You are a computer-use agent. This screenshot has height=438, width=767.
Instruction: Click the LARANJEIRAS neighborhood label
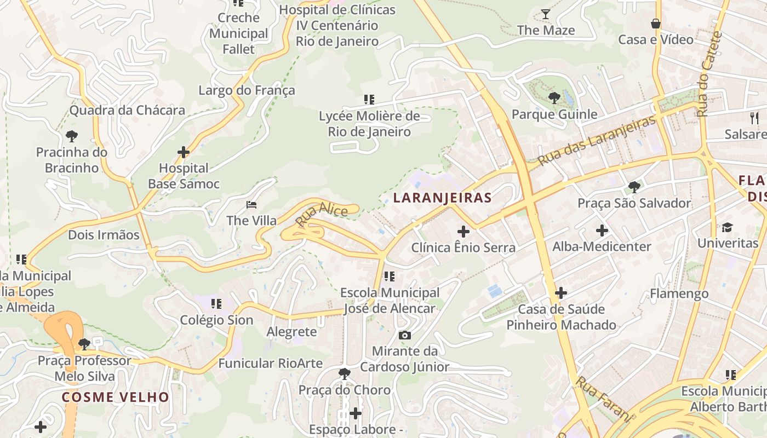coord(442,198)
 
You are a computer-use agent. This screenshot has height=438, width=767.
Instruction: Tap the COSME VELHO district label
coord(116,397)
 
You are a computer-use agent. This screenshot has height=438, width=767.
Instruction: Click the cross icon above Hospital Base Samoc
coord(184,152)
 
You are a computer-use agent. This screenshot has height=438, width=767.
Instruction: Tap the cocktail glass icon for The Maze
coord(546,14)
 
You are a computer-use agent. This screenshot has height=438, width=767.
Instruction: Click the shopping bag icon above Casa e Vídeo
coord(655,24)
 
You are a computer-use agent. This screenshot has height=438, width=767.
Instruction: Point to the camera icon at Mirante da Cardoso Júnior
coord(405,335)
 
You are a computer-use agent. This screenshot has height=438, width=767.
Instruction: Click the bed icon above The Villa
coord(251,205)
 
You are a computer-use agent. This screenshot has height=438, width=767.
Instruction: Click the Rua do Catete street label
coord(710,74)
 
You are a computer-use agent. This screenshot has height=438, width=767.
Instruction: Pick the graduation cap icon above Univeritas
coord(727,227)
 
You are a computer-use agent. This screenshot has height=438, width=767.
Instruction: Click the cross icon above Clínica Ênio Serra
coord(463,232)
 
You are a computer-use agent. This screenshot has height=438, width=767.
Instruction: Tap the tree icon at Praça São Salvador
coord(634,187)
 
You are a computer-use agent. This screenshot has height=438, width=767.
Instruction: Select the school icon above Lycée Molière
coord(369,100)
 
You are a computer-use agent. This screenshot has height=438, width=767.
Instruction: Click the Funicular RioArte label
coord(270,364)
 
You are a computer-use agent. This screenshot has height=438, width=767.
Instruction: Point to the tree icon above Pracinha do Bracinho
coord(71,136)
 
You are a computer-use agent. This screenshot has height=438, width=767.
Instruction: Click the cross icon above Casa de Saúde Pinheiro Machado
coord(560,293)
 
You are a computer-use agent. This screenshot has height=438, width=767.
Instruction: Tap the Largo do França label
coord(247,90)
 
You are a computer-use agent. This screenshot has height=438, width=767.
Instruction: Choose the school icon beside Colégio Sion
coord(216,303)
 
